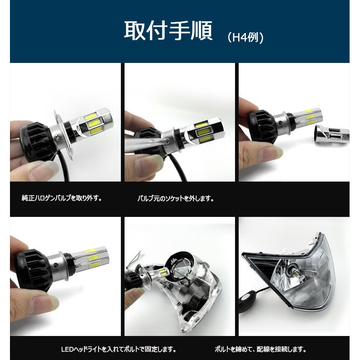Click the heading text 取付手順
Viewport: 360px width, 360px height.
tap(168, 31)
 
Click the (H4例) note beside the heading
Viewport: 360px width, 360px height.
tap(245, 37)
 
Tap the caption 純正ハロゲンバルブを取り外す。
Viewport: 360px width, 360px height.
tap(62, 198)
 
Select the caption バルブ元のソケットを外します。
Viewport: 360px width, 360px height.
tap(176, 198)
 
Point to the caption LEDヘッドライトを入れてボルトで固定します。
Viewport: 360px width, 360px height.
tap(119, 349)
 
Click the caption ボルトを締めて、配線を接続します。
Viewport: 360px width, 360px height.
tap(260, 349)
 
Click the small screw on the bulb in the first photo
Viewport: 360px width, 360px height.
tap(57, 137)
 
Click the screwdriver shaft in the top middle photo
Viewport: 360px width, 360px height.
tap(146, 146)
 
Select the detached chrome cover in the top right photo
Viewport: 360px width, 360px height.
tap(332, 136)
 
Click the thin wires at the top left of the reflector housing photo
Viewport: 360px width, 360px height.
tap(135, 258)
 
